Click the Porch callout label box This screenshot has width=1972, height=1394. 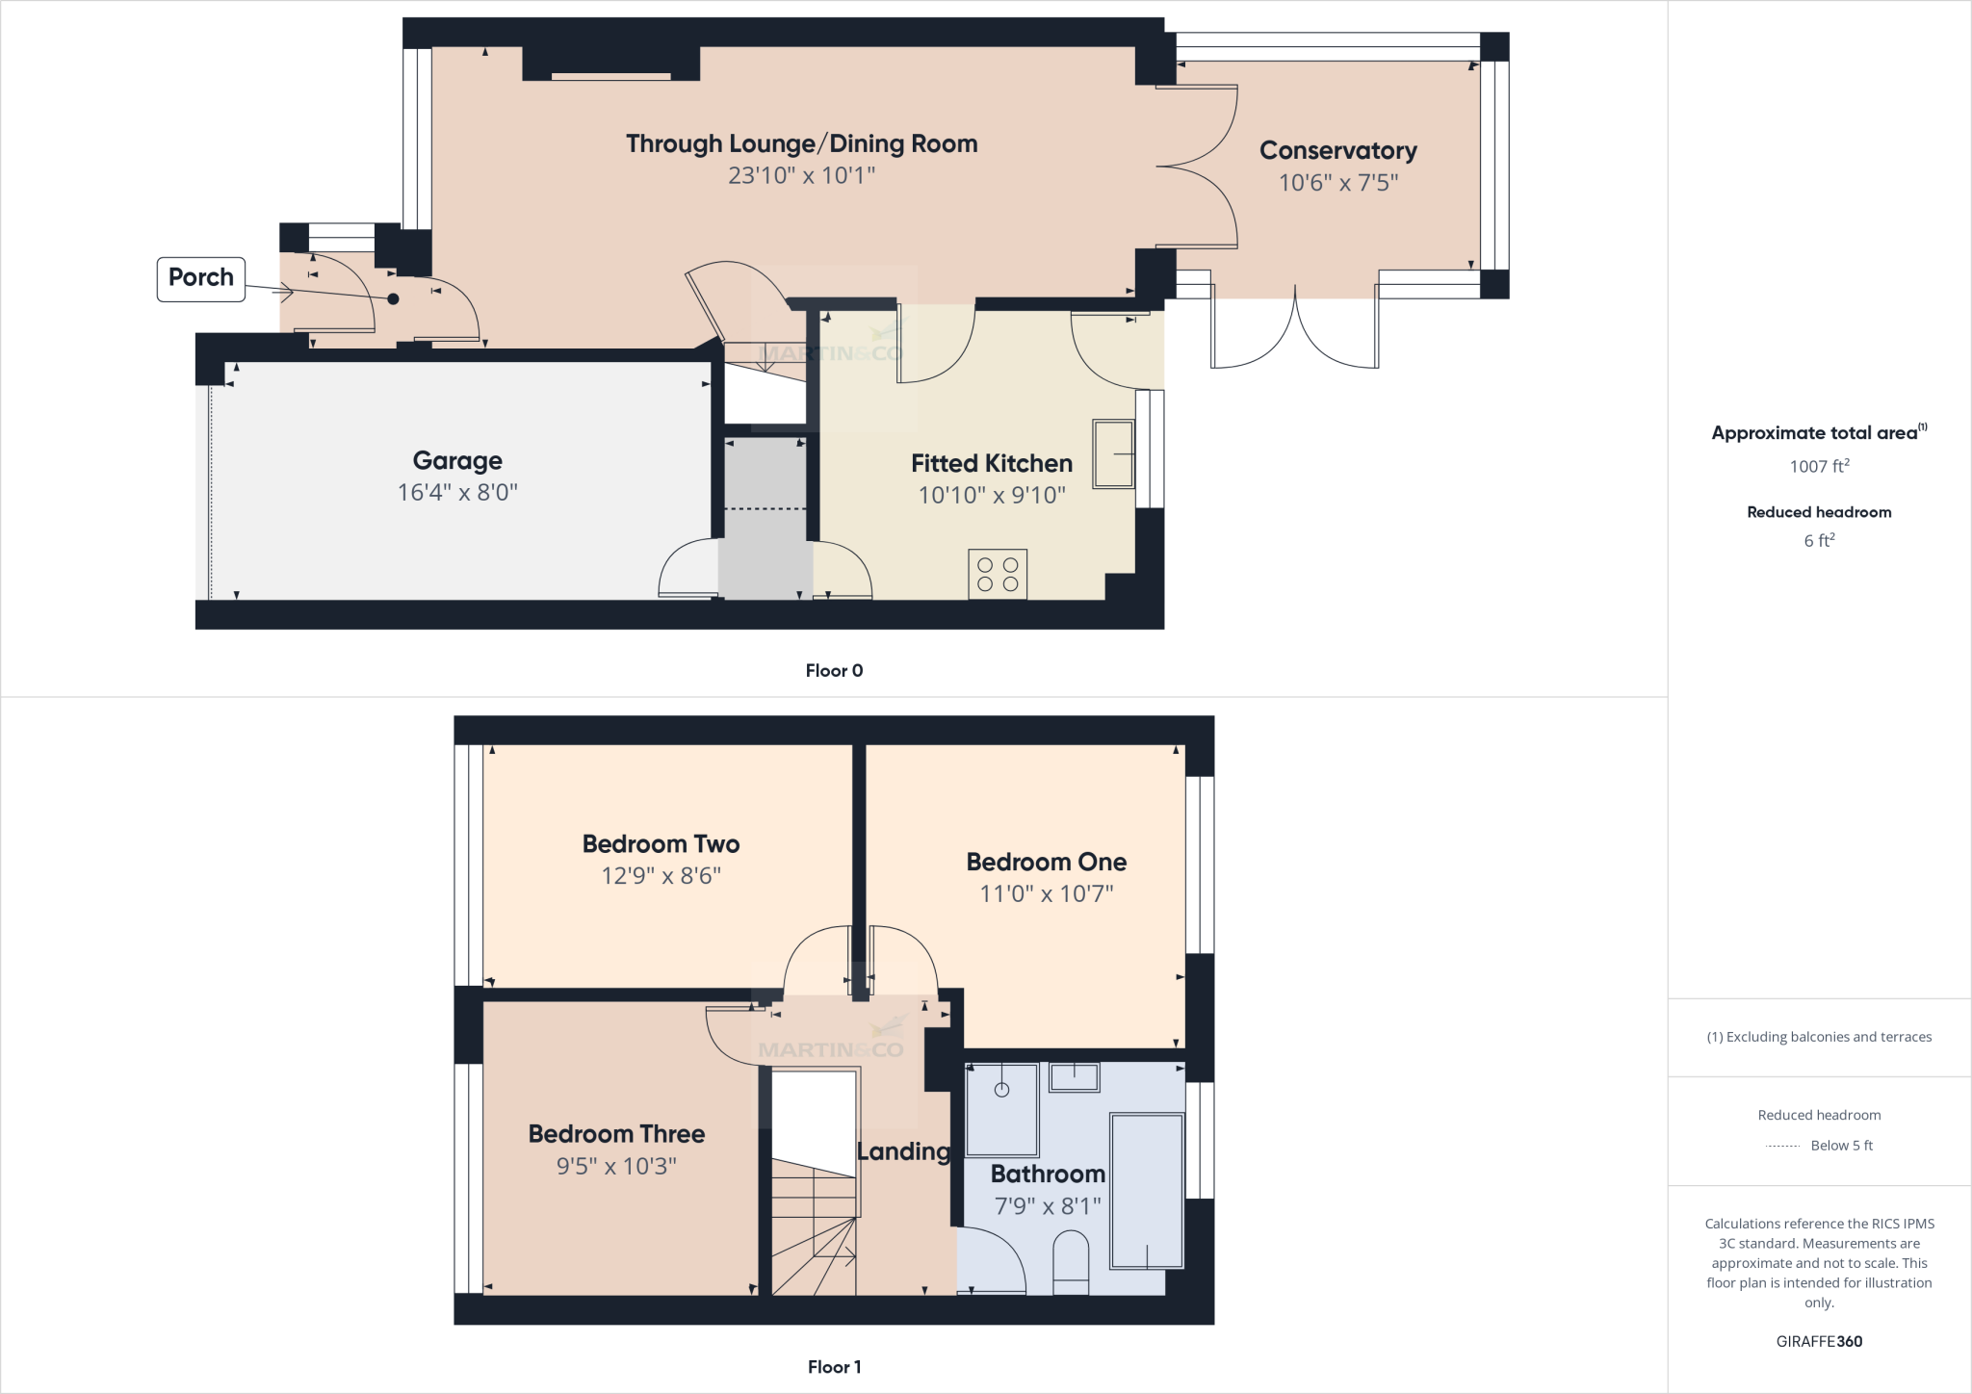click(201, 278)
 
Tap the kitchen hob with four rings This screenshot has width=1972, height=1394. click(998, 575)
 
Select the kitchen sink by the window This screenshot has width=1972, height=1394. click(1112, 453)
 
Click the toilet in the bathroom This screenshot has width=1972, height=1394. click(1071, 1265)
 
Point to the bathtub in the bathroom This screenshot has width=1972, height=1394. click(1146, 1190)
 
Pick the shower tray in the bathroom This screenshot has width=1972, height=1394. click(1001, 1109)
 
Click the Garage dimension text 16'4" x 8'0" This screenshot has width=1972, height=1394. click(457, 493)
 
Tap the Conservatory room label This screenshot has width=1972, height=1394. click(1337, 151)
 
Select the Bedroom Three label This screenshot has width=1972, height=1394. click(616, 1134)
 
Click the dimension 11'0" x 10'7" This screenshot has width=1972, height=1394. click(1046, 893)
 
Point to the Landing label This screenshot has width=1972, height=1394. click(903, 1151)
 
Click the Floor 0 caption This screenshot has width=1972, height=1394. click(834, 671)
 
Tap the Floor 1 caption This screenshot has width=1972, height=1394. click(834, 1367)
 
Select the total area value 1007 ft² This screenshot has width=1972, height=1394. click(1819, 467)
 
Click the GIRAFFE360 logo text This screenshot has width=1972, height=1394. click(1819, 1341)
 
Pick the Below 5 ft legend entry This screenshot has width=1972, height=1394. click(1840, 1146)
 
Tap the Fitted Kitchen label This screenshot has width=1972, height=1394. click(991, 464)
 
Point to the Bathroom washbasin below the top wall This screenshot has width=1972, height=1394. click(1074, 1077)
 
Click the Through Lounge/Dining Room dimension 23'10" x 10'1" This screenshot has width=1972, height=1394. click(801, 175)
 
